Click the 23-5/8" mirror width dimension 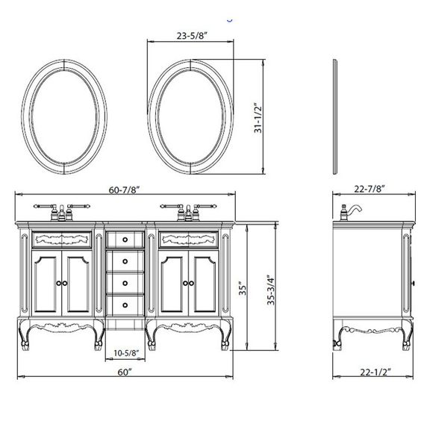(192, 36)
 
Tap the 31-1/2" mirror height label (258, 118)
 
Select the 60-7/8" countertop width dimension (125, 190)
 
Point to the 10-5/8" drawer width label (126, 353)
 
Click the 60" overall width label (125, 372)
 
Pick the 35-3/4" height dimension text (271, 290)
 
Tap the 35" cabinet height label (243, 288)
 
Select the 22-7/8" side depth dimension (369, 189)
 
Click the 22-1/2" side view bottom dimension (375, 372)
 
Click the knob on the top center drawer (125, 240)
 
